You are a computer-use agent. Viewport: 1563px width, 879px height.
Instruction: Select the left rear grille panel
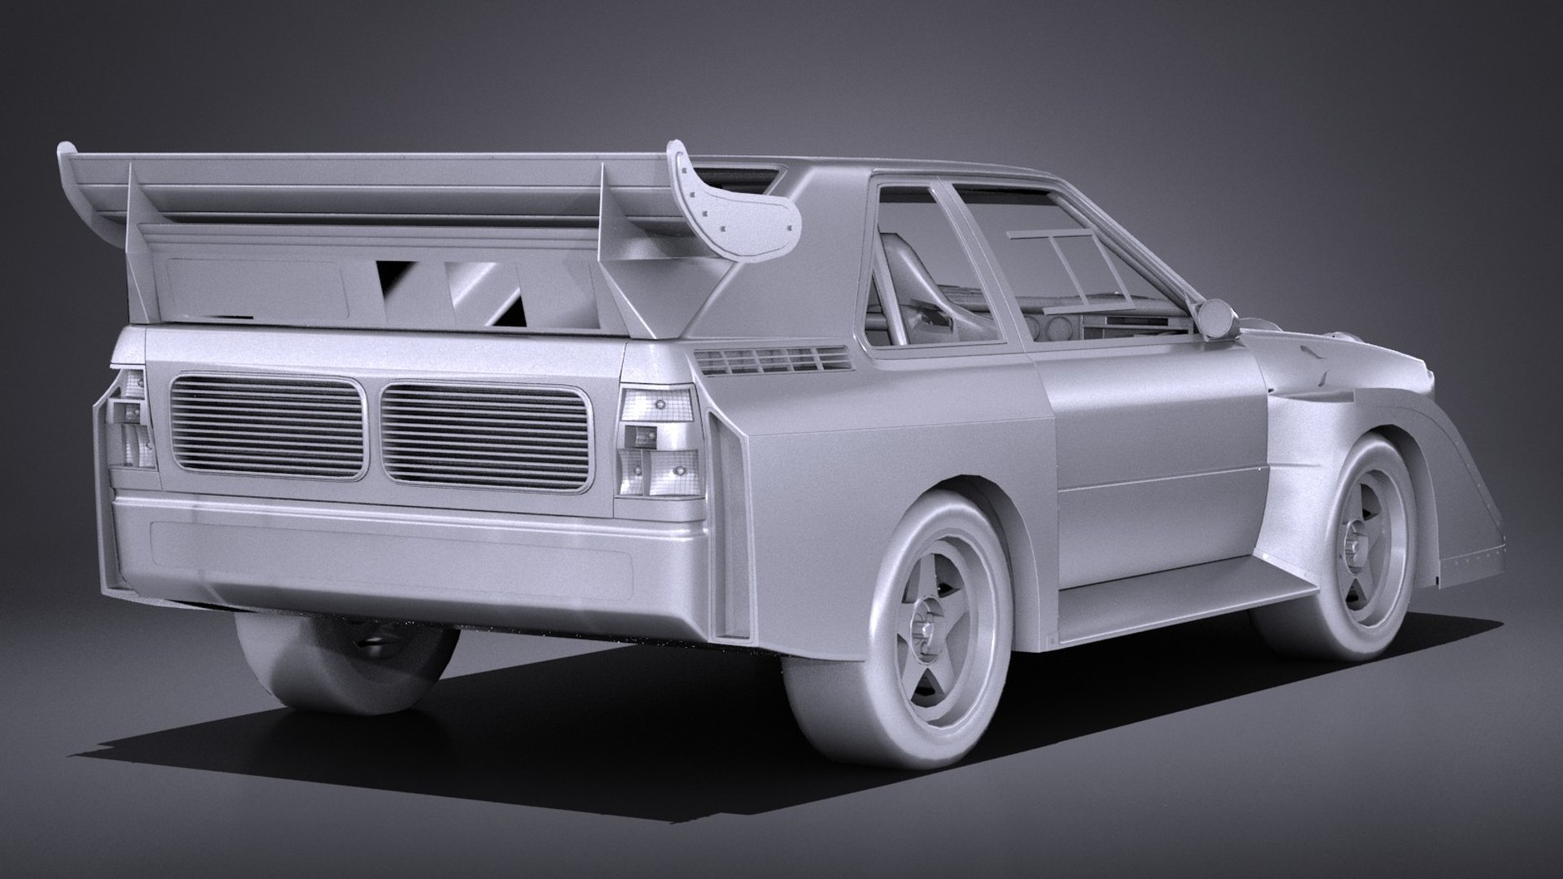click(266, 426)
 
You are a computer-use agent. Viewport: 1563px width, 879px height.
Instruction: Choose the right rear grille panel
click(484, 436)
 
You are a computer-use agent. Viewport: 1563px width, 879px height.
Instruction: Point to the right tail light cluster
click(659, 442)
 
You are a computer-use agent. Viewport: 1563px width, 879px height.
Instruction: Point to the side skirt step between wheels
click(1180, 598)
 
